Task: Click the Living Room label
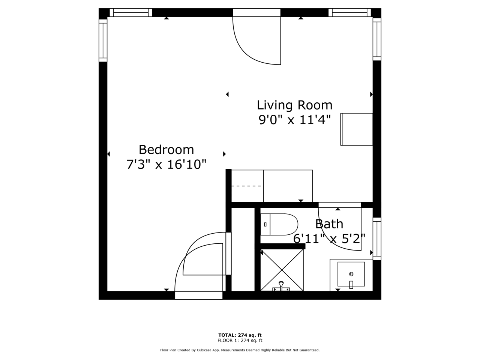tap(294, 105)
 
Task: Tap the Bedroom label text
tap(166, 150)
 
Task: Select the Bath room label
tap(329, 224)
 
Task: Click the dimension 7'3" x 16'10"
tap(166, 164)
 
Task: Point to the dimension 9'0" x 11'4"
tap(294, 120)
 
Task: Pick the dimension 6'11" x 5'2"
tap(329, 238)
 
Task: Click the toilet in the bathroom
tap(279, 225)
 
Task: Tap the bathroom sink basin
tap(351, 274)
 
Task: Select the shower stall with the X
tap(282, 270)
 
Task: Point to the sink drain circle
tap(351, 274)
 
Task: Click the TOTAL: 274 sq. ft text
tap(240, 335)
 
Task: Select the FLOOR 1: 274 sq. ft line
tap(240, 340)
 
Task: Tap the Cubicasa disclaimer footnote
tap(240, 350)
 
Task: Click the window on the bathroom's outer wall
tap(377, 239)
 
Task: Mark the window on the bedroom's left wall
tap(103, 40)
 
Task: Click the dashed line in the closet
tap(246, 186)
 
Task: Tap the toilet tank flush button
tap(265, 225)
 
